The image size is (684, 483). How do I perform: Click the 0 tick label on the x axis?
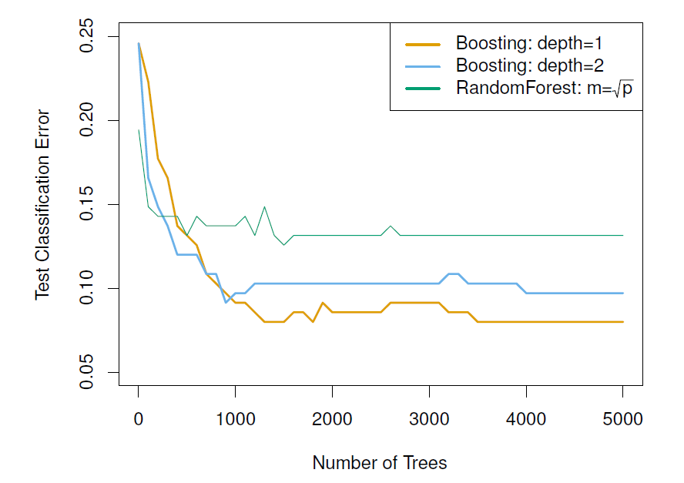click(139, 420)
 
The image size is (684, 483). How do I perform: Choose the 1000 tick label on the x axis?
click(235, 420)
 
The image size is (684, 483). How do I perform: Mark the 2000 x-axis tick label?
click(332, 420)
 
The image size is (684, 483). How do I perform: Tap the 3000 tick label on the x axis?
click(429, 420)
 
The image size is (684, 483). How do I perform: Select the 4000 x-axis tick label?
click(526, 420)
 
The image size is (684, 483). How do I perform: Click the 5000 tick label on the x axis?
click(622, 420)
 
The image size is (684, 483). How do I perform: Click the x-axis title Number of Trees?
click(380, 463)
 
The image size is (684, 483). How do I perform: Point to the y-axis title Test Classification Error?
click(43, 205)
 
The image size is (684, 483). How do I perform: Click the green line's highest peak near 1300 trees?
click(264, 206)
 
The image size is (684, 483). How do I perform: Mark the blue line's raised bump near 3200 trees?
click(454, 273)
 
